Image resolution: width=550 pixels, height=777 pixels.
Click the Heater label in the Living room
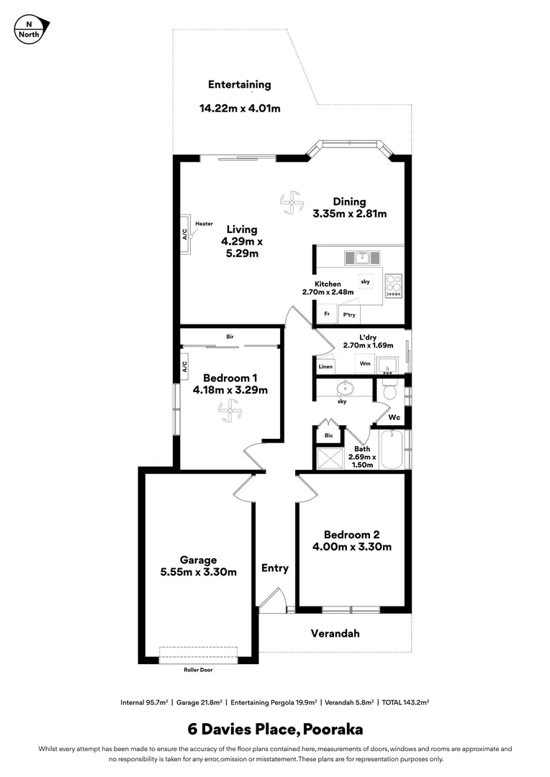coord(204,224)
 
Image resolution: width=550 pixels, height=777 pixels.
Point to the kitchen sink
coord(358,257)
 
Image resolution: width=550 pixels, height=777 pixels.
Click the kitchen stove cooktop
coord(393,286)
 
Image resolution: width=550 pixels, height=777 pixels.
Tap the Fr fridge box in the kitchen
coord(327,314)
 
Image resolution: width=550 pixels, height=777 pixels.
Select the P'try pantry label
coord(349,315)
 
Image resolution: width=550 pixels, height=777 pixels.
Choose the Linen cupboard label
coord(325,367)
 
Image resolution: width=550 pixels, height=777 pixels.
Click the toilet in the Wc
coord(389,391)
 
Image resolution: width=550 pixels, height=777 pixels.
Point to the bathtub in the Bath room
coord(393,450)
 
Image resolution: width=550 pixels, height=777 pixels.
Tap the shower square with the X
coord(328,458)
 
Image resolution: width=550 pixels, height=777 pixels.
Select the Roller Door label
coord(197,669)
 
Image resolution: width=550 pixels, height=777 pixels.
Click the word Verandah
coord(335,634)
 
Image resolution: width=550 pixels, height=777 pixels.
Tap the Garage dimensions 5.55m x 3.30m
coord(198,572)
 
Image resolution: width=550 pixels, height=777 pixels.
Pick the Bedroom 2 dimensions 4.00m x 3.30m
coord(351,547)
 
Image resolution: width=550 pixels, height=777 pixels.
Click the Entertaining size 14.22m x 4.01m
coord(239,109)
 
